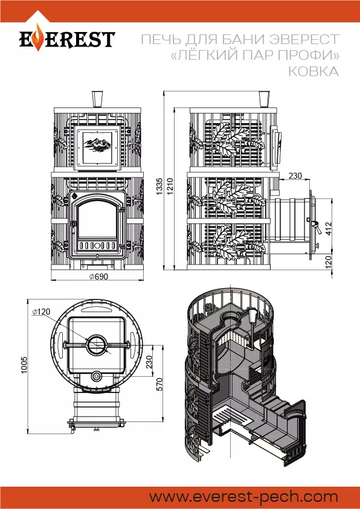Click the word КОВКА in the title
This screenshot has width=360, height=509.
tap(313, 72)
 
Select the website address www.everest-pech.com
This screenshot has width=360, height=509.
tap(244, 496)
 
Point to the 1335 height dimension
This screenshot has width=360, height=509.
tap(159, 185)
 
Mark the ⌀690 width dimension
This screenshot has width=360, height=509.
tap(98, 277)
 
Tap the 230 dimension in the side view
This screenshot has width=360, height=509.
tap(295, 176)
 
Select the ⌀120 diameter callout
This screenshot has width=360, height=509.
tap(41, 312)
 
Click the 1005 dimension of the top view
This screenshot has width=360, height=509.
tap(24, 365)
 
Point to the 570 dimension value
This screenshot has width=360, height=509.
tap(159, 385)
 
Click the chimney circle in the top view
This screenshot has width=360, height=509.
tap(96, 344)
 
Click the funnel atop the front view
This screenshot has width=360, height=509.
tap(97, 98)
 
